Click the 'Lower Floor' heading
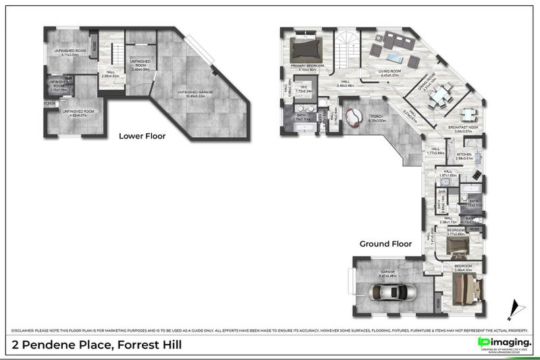click(x=142, y=136)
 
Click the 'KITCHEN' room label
click(x=464, y=155)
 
